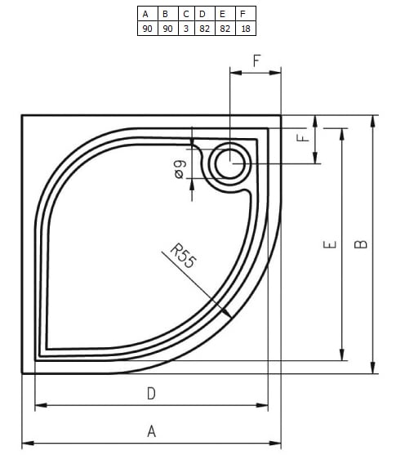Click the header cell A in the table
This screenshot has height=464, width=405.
coord(147,13)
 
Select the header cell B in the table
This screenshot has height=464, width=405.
coord(166,13)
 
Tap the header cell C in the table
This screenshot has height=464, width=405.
coord(185,13)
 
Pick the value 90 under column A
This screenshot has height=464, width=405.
coord(147,29)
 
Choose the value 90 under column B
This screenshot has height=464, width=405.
coord(166,29)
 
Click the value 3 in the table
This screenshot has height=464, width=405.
coord(185,29)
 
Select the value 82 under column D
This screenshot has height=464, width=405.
coord(202,29)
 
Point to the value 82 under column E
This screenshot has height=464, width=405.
coord(223,29)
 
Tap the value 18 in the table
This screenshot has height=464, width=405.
coord(244,29)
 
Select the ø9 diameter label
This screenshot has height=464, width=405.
coord(180,169)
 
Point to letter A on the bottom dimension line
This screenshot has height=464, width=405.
coord(151,431)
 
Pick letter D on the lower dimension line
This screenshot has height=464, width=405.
coord(151,393)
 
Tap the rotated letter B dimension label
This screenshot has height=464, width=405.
coord(363,243)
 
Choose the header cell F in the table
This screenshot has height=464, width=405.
coord(244,13)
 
